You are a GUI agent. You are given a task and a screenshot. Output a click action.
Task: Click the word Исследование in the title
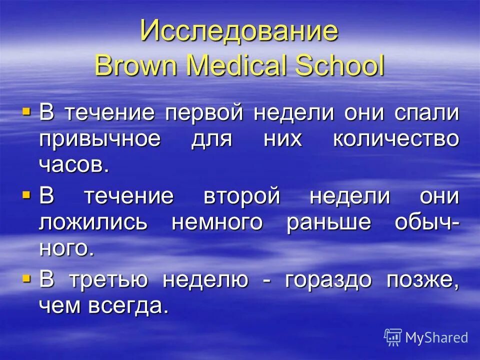pos(239,31)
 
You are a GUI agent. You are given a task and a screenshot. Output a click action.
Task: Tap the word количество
pos(395,138)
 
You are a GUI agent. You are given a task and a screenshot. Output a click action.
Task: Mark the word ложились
pos(93,222)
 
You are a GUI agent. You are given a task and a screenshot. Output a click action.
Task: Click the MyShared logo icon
pos(393,337)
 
